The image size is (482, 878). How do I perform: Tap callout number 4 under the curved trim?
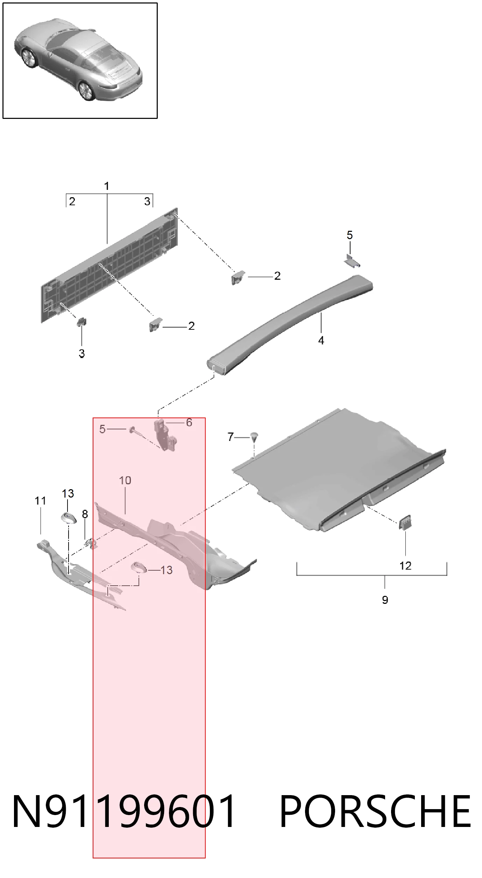[321, 340]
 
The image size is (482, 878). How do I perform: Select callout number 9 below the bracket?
[385, 600]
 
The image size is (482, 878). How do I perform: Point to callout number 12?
[405, 565]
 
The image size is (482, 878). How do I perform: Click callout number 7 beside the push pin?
[231, 437]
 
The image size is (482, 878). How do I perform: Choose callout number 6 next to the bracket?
[189, 422]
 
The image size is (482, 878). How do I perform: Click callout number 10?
[125, 480]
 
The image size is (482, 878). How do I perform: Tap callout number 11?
[41, 501]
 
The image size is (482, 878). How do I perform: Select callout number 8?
[85, 514]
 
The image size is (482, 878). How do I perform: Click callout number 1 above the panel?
[107, 186]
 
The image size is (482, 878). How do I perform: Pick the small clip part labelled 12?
[405, 523]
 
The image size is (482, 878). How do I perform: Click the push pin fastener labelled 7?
[254, 436]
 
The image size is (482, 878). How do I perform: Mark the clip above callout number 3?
[81, 321]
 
